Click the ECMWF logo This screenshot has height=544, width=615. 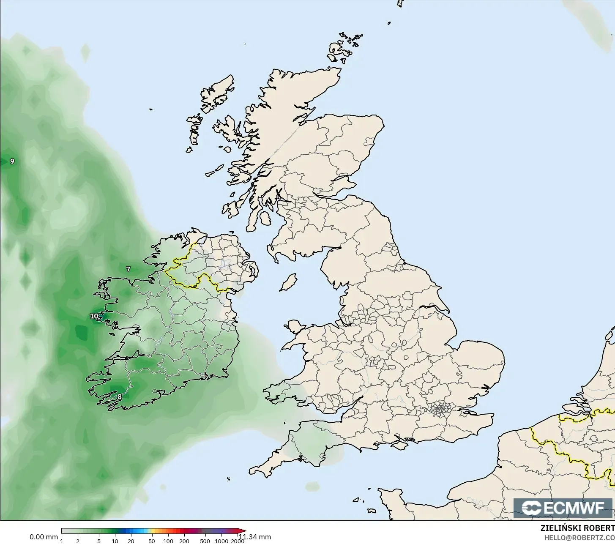563,508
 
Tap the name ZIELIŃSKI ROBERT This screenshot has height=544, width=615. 577,528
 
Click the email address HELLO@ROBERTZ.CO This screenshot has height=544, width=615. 579,537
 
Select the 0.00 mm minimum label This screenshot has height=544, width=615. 44,537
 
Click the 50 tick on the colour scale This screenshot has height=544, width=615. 151,541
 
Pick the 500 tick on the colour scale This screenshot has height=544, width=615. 205,541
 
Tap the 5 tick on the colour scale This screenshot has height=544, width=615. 99,541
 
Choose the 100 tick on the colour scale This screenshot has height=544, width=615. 168,541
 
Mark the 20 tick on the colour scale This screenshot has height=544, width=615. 131,541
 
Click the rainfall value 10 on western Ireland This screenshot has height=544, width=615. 94,316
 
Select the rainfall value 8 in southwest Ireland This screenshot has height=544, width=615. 120,396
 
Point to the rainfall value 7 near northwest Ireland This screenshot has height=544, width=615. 128,269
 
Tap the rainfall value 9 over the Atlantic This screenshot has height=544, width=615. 12,161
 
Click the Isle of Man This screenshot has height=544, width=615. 288,282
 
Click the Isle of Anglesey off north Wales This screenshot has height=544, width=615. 295,328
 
